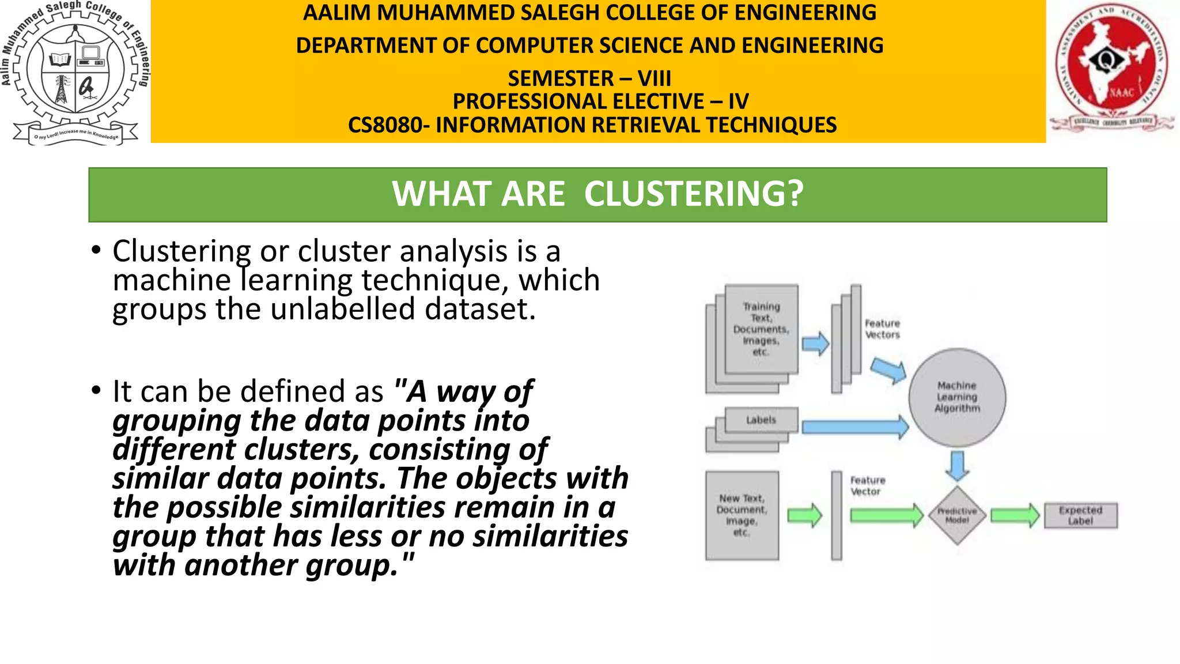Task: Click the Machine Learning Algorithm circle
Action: point(957,397)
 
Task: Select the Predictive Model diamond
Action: point(957,515)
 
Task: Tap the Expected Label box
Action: point(1080,515)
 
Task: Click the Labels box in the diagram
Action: point(761,420)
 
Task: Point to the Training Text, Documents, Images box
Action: point(761,329)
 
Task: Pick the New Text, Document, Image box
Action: point(742,515)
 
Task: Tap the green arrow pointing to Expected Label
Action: point(1015,515)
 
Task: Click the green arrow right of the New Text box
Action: point(804,515)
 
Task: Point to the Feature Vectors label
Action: point(882,329)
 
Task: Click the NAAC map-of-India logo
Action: point(1111,69)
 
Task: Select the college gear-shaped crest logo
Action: point(75,72)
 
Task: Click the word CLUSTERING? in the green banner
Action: point(693,194)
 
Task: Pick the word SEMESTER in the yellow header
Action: point(561,78)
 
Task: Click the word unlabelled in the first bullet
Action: point(343,309)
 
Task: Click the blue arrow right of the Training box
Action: point(815,344)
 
